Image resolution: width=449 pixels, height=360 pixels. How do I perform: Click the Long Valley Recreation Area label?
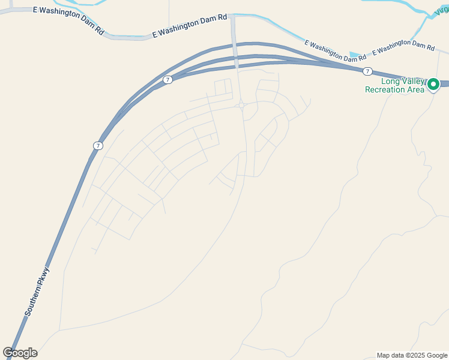396,85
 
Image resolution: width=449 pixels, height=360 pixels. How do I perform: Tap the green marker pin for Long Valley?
433,85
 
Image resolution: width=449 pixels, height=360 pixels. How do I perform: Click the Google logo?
20,353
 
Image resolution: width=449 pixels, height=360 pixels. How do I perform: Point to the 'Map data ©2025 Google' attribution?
411,355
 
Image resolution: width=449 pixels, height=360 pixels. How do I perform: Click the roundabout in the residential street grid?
241,105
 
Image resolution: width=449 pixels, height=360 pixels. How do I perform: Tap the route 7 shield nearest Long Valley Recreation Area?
367,71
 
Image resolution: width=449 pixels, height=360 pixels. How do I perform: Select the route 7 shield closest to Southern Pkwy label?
97,146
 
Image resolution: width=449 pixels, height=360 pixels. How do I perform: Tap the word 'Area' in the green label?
417,89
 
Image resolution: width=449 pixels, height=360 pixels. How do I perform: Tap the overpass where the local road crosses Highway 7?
235,60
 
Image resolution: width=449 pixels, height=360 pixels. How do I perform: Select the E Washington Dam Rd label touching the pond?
335,51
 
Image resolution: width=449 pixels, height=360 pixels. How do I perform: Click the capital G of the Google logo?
8,353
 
